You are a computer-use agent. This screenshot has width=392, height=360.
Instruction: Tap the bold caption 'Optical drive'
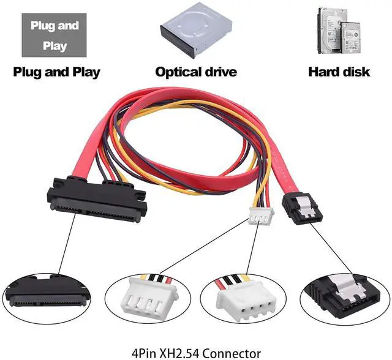click(x=195, y=72)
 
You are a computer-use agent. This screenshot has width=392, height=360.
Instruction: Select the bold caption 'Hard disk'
click(x=339, y=72)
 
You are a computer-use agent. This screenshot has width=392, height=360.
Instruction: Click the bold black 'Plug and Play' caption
click(x=56, y=72)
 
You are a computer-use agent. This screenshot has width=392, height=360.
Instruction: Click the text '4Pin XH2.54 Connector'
click(x=196, y=353)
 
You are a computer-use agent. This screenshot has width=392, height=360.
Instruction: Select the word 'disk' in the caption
click(x=356, y=72)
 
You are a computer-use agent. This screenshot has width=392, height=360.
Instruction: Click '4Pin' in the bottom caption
click(x=145, y=353)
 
